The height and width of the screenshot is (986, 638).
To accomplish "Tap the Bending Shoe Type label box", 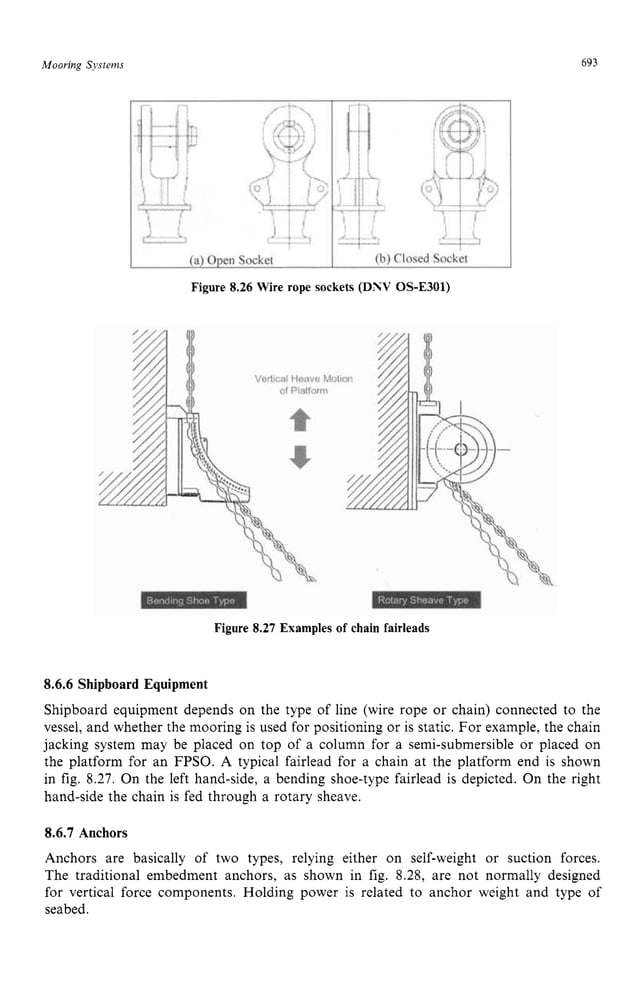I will coord(190,600).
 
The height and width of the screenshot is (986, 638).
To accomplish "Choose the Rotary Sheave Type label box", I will coord(423,600).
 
